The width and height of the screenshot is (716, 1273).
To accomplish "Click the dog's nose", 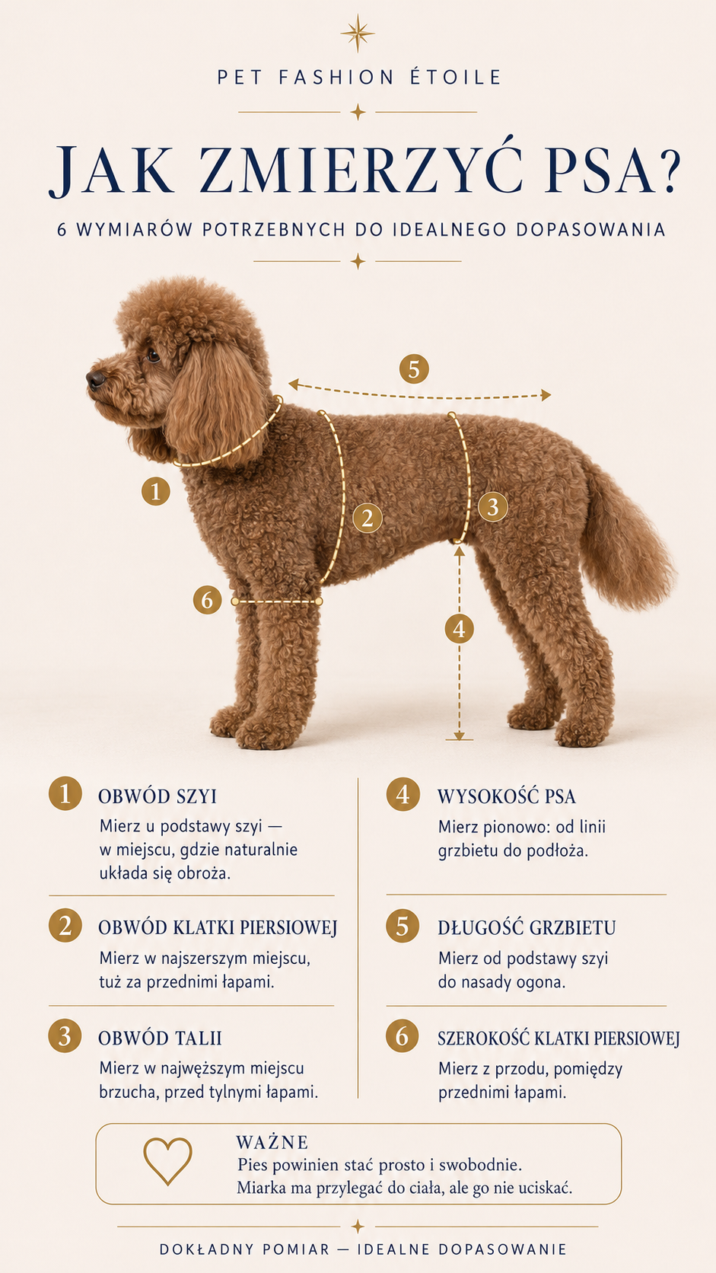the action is pos(96,378).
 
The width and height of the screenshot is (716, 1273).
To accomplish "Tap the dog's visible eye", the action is pos(153,356).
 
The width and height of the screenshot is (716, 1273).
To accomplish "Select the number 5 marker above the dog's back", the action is pos(414,369).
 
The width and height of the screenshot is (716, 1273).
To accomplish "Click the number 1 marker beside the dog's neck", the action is pos(156,491).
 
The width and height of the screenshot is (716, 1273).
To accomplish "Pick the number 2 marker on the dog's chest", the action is pos(368,518).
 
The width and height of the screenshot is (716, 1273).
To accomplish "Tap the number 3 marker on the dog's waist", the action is pos(493,506).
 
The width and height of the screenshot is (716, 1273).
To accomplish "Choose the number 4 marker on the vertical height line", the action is pos(460,629).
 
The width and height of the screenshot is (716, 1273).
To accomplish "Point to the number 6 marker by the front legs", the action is pos(207,600).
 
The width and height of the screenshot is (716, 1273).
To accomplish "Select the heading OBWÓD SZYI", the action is pos(158,796).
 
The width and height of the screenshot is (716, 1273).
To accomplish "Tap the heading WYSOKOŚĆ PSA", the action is pos(507,796).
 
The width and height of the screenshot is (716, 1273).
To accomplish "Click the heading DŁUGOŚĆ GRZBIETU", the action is pos(527,928).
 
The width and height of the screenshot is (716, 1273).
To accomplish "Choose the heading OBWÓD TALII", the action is pos(160,1038).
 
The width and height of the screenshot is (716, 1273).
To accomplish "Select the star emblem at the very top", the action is pos(358,33).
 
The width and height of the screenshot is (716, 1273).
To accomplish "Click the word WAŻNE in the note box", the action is pos(272,1142).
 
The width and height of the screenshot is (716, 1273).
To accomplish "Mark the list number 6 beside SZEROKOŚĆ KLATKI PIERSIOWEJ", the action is pos(403,1036).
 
